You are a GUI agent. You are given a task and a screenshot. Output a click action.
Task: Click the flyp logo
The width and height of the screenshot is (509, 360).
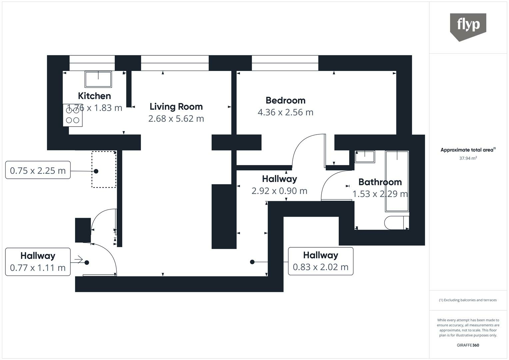(468, 26)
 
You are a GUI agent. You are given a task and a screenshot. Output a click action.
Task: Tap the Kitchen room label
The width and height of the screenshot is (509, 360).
(94, 96)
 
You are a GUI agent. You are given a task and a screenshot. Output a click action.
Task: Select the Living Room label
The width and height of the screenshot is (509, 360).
(176, 107)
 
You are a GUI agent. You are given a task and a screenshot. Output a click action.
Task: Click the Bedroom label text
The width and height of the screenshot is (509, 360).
(285, 100)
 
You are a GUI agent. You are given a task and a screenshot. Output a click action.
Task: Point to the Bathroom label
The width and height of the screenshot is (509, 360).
(380, 182)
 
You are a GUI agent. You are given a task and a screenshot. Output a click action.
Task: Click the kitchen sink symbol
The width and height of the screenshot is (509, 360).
(98, 79)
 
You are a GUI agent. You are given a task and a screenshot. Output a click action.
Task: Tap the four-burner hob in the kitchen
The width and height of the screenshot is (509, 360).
(73, 115)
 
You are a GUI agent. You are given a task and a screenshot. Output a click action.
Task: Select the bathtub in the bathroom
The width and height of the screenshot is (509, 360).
(397, 181)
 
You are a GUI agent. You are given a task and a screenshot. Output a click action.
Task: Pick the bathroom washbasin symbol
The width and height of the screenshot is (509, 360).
(365, 156)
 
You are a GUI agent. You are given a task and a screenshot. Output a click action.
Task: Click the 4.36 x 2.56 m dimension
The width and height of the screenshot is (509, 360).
(285, 112)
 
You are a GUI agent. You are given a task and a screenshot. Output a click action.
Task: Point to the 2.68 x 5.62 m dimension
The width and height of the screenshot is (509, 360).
(176, 119)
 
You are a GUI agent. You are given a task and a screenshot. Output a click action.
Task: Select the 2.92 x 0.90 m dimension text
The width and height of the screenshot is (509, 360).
(279, 191)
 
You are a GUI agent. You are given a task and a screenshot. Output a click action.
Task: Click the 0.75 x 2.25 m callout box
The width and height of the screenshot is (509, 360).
(38, 170)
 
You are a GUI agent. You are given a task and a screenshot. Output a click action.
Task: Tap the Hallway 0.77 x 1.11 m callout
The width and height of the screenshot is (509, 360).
(38, 262)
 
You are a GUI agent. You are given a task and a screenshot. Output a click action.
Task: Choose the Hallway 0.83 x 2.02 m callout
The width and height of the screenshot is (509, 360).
(320, 261)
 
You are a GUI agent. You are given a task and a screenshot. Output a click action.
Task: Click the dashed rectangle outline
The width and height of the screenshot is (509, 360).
(104, 169)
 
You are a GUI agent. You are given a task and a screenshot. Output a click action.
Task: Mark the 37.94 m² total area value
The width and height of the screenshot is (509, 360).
(468, 158)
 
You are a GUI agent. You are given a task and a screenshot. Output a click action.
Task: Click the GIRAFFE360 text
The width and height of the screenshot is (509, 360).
(468, 345)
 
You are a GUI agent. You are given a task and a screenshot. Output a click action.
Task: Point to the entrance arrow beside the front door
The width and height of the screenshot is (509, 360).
(79, 259)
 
